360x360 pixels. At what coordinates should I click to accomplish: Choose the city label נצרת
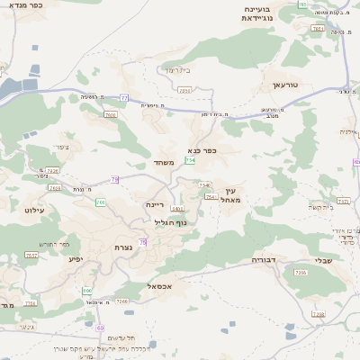pyautogui.click(x=123, y=247)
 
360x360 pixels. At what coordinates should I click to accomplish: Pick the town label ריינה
pyautogui.click(x=157, y=205)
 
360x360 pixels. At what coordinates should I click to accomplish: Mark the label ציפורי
pyautogui.click(x=60, y=147)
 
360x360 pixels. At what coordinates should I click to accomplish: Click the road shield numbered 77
pyautogui.click(x=125, y=97)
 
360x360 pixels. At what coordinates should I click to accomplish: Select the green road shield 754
pyautogui.click(x=190, y=160)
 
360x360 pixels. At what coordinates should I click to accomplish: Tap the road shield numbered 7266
pyautogui.click(x=123, y=301)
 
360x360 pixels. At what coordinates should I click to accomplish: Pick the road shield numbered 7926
pyautogui.click(x=110, y=115)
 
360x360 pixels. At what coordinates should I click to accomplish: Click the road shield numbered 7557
pyautogui.click(x=31, y=256)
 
